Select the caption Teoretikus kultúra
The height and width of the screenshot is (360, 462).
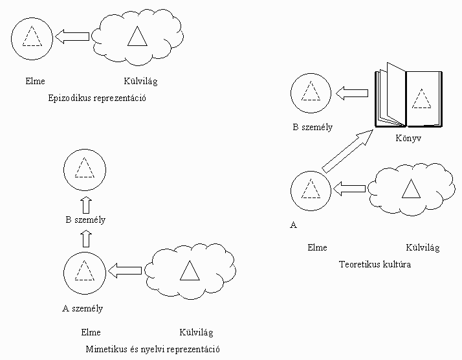(x=375, y=264)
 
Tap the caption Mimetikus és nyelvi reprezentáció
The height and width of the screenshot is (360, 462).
(x=153, y=349)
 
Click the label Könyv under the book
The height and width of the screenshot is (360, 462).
(x=408, y=139)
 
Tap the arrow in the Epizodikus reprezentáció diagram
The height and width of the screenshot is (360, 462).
(x=72, y=37)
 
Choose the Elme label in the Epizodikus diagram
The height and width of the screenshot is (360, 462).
(x=32, y=82)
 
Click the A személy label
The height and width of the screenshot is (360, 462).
(x=82, y=308)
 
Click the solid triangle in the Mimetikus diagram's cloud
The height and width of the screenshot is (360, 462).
(x=189, y=271)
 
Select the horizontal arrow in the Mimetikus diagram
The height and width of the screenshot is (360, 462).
(x=124, y=270)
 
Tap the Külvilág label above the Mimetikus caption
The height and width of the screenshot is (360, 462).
(x=196, y=333)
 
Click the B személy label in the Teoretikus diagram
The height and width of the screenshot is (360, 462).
(x=313, y=127)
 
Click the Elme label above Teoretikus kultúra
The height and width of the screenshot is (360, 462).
(x=317, y=247)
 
